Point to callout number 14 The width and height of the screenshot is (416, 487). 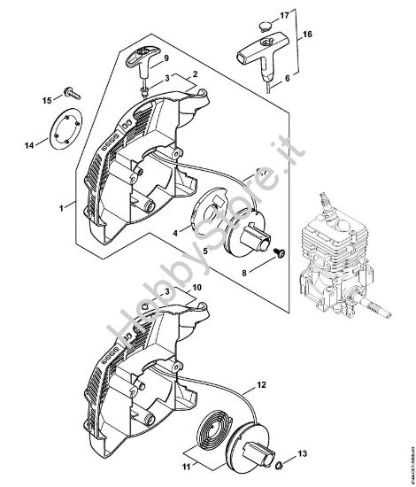[x=27, y=143]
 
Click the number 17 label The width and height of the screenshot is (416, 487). [x=284, y=15]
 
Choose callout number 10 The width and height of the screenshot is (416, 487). [x=196, y=288]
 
